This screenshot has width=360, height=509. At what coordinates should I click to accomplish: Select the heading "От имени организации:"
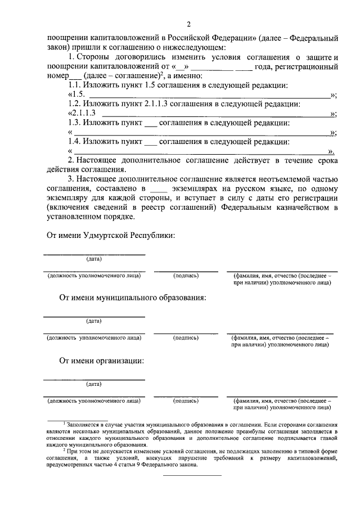pyautogui.click(x=101, y=361)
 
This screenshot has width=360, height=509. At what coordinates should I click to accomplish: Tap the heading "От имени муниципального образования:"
pyautogui.click(x=133, y=297)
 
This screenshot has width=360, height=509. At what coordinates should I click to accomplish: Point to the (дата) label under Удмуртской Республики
pyautogui.click(x=93, y=259)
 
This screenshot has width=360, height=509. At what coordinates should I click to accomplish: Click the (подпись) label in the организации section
pyautogui.click(x=186, y=401)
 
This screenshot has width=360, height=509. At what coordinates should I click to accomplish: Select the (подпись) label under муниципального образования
pyautogui.click(x=186, y=337)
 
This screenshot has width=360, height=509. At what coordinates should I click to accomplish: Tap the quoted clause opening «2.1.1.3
pyautogui.click(x=84, y=113)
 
